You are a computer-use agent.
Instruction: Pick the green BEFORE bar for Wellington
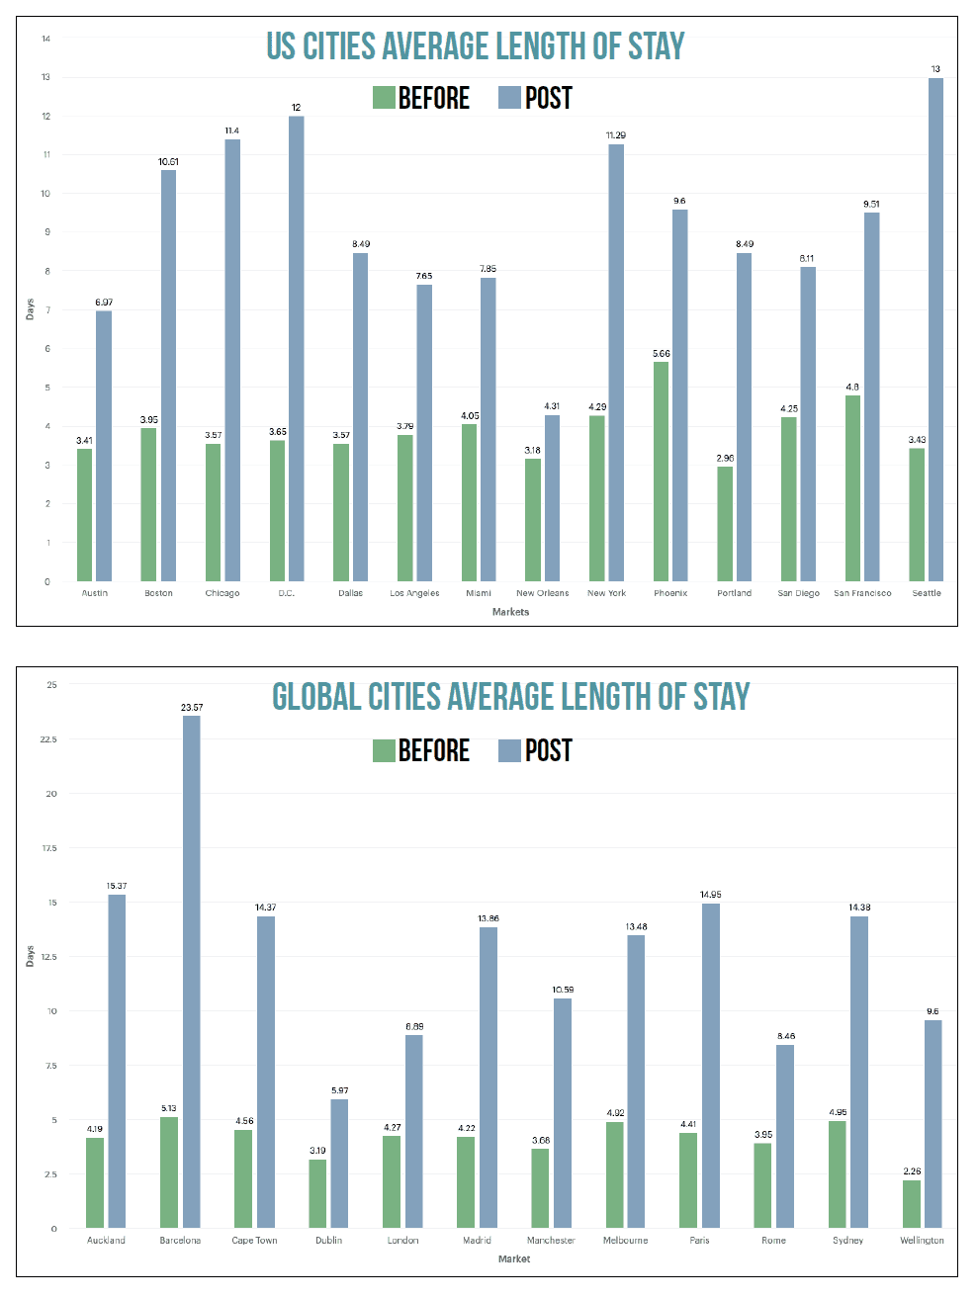pyautogui.click(x=912, y=1204)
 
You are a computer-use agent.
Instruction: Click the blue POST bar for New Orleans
pyautogui.click(x=552, y=498)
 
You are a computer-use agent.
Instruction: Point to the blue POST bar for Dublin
pyautogui.click(x=339, y=1164)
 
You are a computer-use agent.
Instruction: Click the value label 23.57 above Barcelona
pyautogui.click(x=191, y=708)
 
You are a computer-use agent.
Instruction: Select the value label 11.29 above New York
pyautogui.click(x=615, y=135)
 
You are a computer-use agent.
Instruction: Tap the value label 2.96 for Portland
pyautogui.click(x=725, y=459)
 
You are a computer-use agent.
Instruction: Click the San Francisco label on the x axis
pyautogui.click(x=862, y=593)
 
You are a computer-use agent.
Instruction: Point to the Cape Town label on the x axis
pyautogui.click(x=254, y=1240)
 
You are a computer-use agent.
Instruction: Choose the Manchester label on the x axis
pyautogui.click(x=551, y=1240)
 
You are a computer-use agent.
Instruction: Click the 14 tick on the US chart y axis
pyautogui.click(x=45, y=39)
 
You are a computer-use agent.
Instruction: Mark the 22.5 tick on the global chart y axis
pyautogui.click(x=48, y=739)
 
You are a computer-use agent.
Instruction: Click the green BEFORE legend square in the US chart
pyautogui.click(x=384, y=98)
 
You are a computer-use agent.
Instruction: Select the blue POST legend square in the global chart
pyautogui.click(x=509, y=750)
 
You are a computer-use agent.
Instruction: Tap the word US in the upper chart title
pyautogui.click(x=280, y=46)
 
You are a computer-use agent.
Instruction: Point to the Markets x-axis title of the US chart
pyautogui.click(x=510, y=612)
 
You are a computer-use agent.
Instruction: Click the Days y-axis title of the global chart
pyautogui.click(x=30, y=956)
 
